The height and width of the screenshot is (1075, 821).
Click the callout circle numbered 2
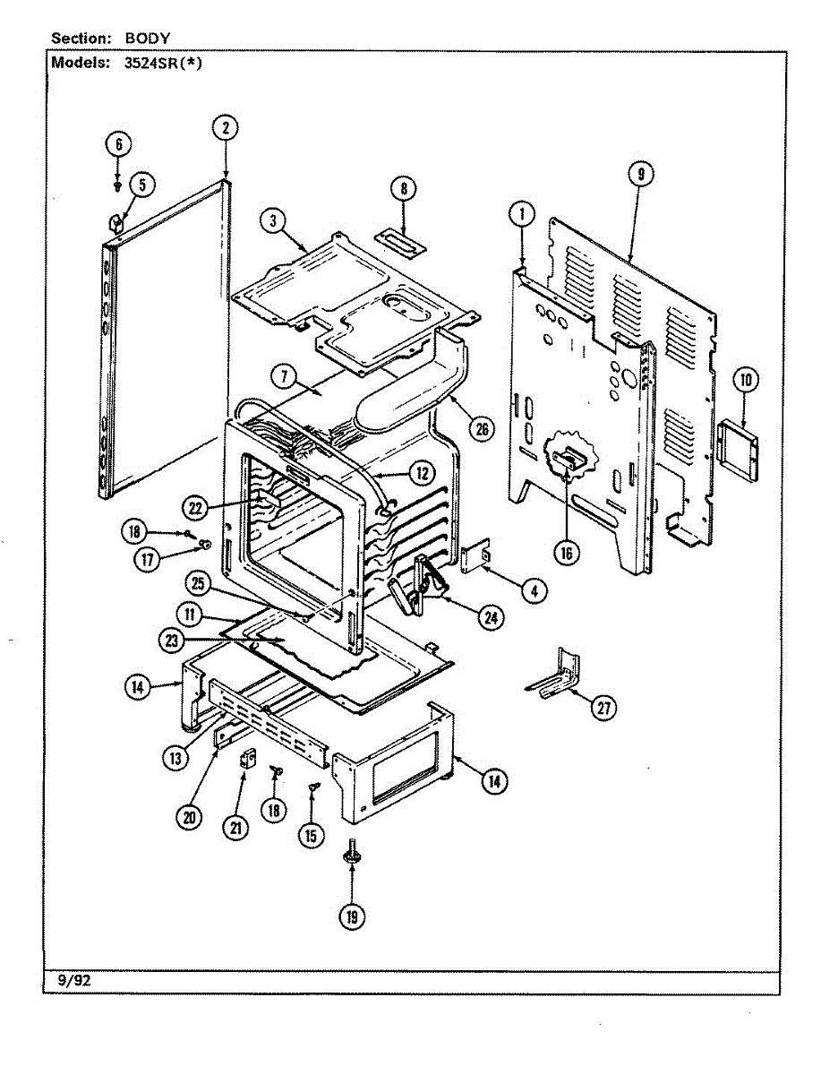pos(226,128)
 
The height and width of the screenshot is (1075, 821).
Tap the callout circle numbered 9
pos(641,175)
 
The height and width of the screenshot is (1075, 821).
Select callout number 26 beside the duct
pos(482,429)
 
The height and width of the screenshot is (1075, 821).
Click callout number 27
pos(605,709)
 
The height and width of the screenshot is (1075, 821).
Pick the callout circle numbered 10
pos(746,380)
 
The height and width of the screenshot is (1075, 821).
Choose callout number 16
pos(566,553)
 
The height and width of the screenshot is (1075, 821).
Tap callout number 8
pos(404,189)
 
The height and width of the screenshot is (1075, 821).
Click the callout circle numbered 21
pos(236,829)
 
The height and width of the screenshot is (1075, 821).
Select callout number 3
pos(274,220)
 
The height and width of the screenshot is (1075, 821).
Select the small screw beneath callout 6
pos(118,185)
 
